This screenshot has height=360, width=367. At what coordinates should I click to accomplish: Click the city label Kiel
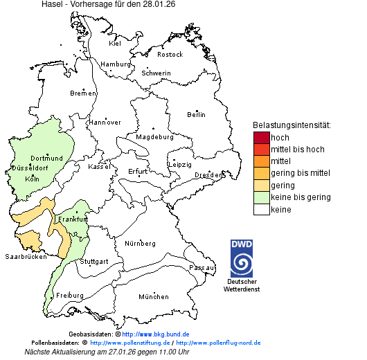(x=115, y=43)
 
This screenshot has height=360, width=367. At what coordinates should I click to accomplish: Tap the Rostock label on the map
(x=170, y=54)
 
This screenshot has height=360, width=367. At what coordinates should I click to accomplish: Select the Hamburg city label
(x=116, y=64)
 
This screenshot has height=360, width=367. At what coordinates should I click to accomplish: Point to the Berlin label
(x=196, y=114)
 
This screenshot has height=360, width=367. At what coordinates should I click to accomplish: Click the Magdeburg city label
(x=154, y=136)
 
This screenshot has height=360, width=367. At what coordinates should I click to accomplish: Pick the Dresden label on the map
(x=208, y=175)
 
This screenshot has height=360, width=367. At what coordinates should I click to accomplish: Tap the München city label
(x=153, y=296)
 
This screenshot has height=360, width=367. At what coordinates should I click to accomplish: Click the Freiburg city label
(x=70, y=295)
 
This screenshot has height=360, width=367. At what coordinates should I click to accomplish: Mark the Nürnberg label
(x=140, y=244)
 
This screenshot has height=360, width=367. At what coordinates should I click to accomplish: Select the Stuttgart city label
(x=94, y=262)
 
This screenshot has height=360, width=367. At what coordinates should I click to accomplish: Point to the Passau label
(x=202, y=267)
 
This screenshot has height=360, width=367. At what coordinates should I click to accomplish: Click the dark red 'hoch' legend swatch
(x=261, y=137)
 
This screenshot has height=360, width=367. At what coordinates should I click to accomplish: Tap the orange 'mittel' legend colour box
(x=261, y=161)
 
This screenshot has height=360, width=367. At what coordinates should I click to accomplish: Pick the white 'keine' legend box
(x=261, y=209)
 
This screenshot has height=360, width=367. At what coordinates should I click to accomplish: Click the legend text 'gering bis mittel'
(x=300, y=173)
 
